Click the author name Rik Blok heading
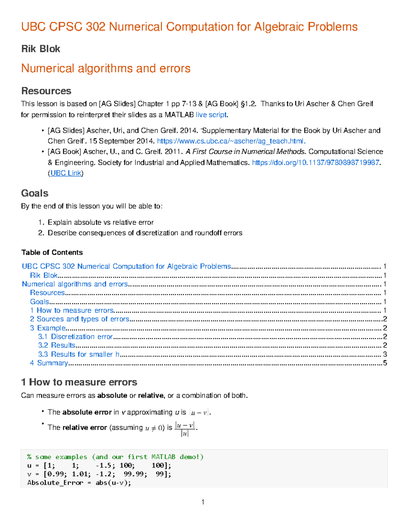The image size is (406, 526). (41, 49)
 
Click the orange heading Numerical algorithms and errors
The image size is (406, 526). (106, 68)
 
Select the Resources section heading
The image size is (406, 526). (46, 91)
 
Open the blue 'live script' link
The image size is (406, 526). (211, 115)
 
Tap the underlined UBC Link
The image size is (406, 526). (66, 173)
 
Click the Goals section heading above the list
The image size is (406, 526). (35, 193)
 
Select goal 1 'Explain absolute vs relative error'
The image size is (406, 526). (100, 222)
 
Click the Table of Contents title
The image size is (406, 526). (52, 252)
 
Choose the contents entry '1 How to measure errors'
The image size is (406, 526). (72, 310)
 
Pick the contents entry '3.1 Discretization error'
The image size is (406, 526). (75, 337)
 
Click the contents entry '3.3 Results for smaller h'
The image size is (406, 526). (79, 354)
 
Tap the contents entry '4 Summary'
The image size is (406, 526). (49, 363)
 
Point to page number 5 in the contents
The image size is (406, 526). (385, 363)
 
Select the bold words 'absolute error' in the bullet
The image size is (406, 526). (87, 412)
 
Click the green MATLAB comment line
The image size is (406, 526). (115, 457)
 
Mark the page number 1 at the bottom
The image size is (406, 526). (203, 502)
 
